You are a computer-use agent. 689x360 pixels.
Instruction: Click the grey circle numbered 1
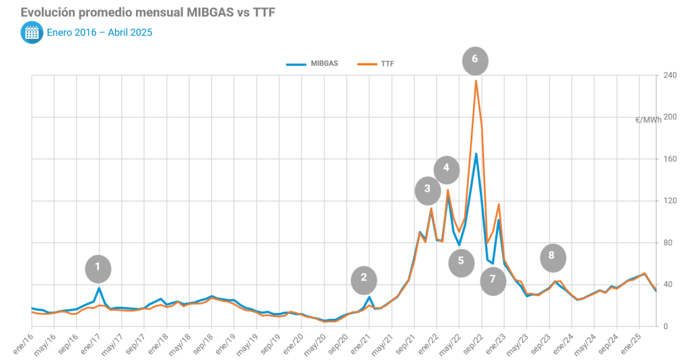click(98, 268)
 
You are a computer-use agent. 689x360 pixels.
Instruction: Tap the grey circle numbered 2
click(364, 278)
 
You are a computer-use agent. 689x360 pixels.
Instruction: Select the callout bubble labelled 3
click(427, 190)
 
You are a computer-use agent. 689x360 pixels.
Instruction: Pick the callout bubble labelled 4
click(446, 169)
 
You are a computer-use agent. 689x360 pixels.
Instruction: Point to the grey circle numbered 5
click(461, 262)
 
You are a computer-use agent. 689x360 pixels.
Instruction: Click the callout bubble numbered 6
click(475, 60)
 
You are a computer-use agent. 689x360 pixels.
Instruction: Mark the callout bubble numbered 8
click(552, 256)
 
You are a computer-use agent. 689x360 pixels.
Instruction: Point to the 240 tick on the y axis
click(669, 76)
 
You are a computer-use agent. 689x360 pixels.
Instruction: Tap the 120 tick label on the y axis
click(669, 201)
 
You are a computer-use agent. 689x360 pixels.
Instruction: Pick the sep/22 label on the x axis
click(475, 341)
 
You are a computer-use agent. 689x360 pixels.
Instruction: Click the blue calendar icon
click(31, 32)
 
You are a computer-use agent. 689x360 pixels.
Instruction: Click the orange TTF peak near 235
click(476, 81)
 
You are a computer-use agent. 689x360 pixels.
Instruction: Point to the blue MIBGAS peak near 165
click(476, 154)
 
